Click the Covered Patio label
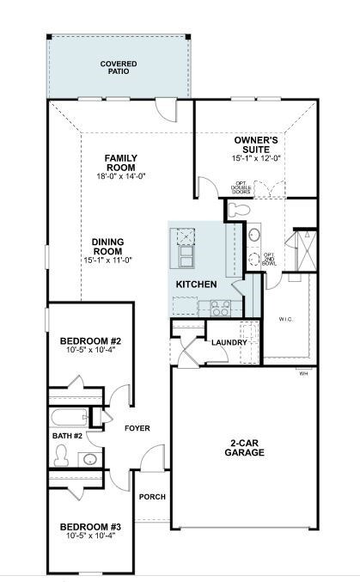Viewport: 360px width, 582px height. (119, 68)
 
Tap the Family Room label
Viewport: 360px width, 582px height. (121, 162)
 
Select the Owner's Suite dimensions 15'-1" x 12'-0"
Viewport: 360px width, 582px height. (256, 158)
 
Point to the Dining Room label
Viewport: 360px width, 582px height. (106, 248)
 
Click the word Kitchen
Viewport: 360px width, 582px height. (197, 284)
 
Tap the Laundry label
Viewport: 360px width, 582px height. (229, 342)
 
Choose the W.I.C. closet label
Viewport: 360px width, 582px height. (285, 319)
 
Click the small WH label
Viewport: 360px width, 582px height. (303, 373)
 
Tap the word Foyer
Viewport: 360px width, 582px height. (137, 427)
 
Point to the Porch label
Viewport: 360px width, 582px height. (152, 496)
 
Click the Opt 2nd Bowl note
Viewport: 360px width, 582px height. (269, 259)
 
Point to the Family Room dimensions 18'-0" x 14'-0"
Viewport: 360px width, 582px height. (121, 176)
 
